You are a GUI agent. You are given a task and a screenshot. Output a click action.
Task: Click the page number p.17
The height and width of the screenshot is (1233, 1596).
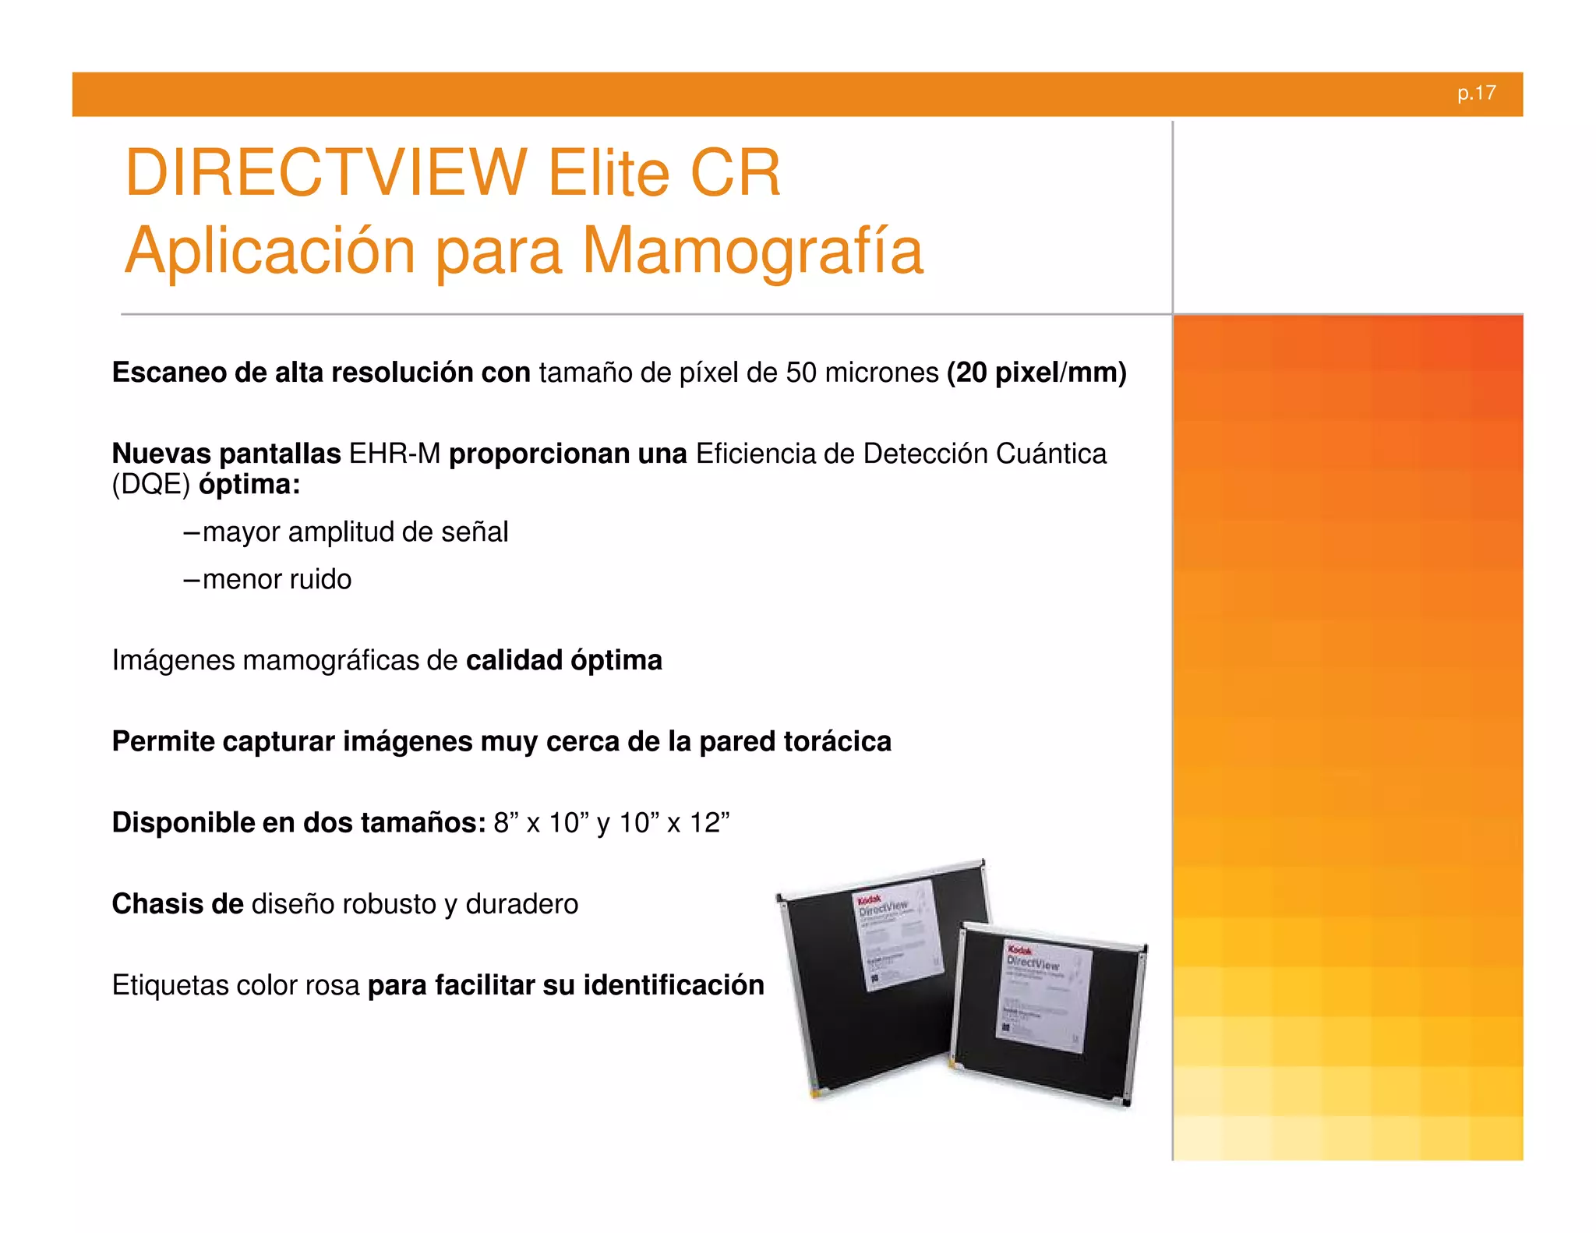(x=1476, y=94)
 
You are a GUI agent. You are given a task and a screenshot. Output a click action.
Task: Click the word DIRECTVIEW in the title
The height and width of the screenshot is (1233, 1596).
(x=326, y=172)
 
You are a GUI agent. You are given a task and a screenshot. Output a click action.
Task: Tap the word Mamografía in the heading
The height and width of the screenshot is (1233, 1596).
(x=753, y=251)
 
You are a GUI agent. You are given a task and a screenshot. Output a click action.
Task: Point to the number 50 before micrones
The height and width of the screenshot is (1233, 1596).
(x=800, y=373)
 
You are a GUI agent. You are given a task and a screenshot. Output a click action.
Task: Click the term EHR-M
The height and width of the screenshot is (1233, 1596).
(x=394, y=454)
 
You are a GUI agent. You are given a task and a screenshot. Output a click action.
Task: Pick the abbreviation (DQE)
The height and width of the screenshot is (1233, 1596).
(x=151, y=485)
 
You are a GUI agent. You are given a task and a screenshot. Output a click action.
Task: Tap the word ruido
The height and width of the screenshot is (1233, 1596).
(x=320, y=580)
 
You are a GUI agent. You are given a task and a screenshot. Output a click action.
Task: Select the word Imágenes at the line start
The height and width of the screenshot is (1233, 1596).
(x=173, y=661)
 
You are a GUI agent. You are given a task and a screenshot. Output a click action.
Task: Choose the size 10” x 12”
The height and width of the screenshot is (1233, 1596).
(x=674, y=823)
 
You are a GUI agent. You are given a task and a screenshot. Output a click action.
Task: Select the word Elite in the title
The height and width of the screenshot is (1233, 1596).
(x=609, y=172)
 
